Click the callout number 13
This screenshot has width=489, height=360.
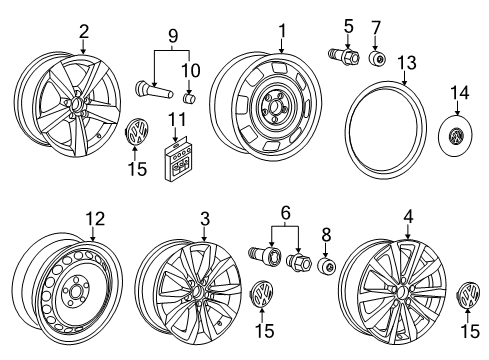(407, 63)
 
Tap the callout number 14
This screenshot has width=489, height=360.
(460, 93)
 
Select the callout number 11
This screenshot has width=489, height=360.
(177, 119)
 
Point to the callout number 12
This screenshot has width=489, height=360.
(95, 219)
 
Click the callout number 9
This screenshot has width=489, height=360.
(173, 36)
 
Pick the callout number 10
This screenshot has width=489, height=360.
(191, 70)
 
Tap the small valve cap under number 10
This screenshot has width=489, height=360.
(190, 98)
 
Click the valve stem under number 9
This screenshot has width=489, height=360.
(154, 90)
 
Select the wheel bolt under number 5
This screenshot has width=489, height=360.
(343, 56)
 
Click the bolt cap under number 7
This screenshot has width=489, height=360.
(377, 59)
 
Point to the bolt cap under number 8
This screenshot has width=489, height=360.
(326, 266)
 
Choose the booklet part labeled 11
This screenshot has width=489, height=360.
(177, 159)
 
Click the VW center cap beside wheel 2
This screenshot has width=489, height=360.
(138, 132)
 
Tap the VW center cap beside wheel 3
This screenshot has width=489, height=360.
(262, 294)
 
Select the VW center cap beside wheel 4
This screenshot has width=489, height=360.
(468, 295)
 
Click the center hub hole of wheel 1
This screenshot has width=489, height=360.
(275, 107)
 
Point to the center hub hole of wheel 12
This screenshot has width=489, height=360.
(74, 292)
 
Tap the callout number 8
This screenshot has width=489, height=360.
(326, 235)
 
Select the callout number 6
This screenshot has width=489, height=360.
(286, 213)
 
